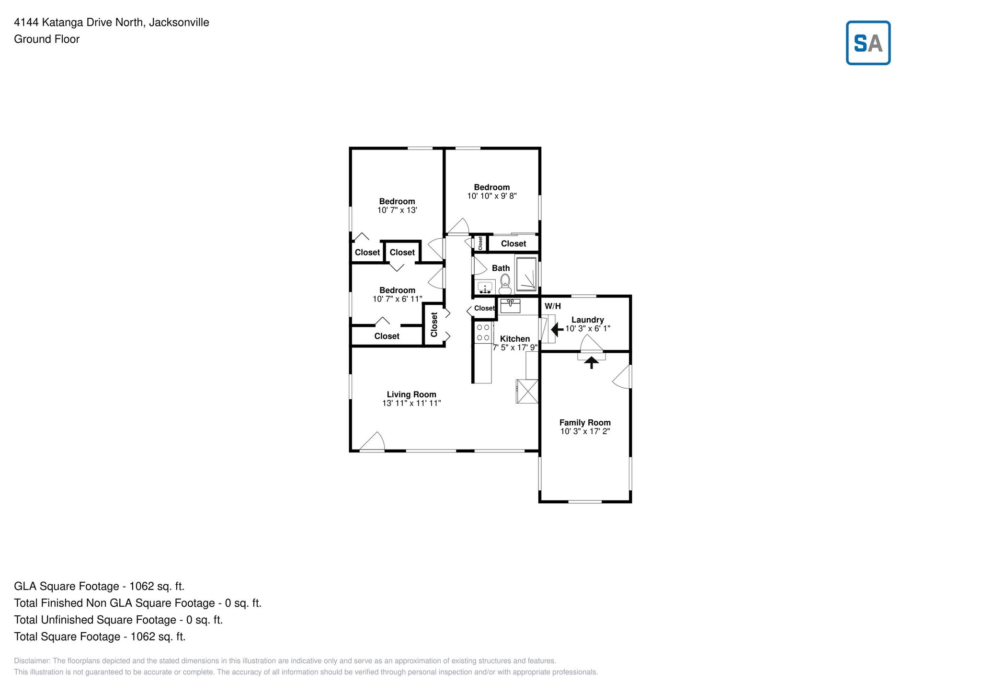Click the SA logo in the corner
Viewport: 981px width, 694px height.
(x=867, y=43)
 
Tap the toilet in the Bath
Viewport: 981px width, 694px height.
(x=504, y=284)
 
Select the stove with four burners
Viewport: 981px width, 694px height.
(x=483, y=333)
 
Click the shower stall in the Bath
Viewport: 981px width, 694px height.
(x=526, y=274)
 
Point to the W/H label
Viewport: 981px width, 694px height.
(x=552, y=306)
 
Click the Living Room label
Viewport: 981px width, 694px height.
(x=411, y=394)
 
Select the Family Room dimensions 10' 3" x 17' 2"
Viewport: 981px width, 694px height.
(x=585, y=431)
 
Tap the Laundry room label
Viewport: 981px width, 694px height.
(x=587, y=320)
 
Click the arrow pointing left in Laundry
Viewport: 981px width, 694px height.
(x=557, y=330)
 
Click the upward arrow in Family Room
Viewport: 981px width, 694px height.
(x=592, y=362)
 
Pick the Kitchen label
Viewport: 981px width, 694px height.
(x=514, y=339)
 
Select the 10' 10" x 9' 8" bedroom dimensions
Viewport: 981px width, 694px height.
(x=491, y=196)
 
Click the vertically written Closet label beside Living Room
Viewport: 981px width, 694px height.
(x=434, y=324)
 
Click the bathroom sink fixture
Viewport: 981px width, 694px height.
(x=485, y=287)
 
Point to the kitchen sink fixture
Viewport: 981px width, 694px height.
(x=510, y=305)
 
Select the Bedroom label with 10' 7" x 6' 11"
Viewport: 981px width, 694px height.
(x=397, y=290)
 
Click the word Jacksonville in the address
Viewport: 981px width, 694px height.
(x=179, y=23)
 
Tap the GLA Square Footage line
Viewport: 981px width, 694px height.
(x=99, y=586)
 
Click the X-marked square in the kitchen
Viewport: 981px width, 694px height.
(x=527, y=391)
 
